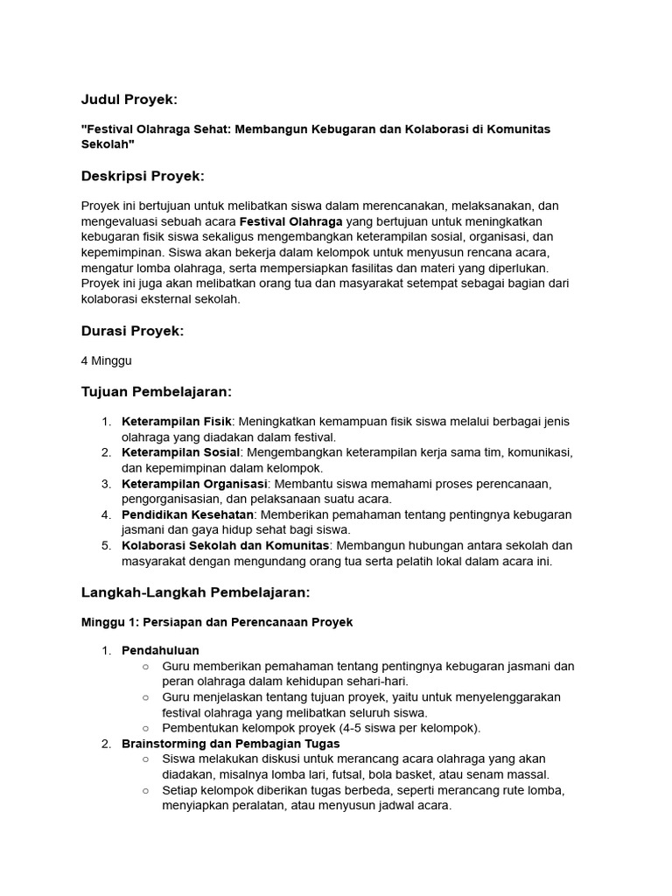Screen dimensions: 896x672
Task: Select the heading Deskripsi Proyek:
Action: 143,176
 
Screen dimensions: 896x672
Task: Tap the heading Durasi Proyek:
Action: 132,331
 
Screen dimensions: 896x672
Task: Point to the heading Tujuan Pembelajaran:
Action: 156,391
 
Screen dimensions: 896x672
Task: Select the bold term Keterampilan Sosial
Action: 180,452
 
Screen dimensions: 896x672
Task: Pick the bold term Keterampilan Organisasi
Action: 193,484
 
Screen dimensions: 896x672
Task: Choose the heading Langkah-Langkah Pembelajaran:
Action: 195,592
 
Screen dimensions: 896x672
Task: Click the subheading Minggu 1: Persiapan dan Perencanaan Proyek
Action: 217,622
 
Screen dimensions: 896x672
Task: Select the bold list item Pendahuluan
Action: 160,650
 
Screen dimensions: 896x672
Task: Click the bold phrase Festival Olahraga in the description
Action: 291,221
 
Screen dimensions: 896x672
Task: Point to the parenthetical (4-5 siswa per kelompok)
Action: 409,728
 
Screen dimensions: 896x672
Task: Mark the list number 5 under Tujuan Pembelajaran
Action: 105,546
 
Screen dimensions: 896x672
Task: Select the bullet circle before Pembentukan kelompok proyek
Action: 145,728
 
